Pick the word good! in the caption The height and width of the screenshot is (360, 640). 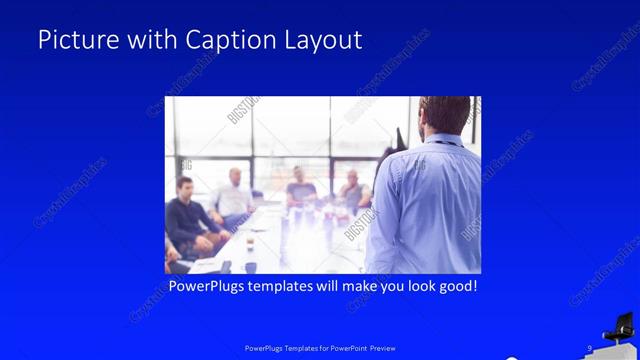[454, 287]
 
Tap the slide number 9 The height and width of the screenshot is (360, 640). [589, 347]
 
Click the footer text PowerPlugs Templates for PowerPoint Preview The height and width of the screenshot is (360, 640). [320, 348]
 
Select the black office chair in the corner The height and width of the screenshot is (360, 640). [618, 327]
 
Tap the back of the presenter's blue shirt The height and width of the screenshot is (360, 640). [425, 210]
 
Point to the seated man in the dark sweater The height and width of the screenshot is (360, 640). [186, 215]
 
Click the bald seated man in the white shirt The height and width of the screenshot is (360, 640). [236, 195]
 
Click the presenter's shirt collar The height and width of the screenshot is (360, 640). [441, 139]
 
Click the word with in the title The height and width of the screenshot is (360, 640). [149, 40]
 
